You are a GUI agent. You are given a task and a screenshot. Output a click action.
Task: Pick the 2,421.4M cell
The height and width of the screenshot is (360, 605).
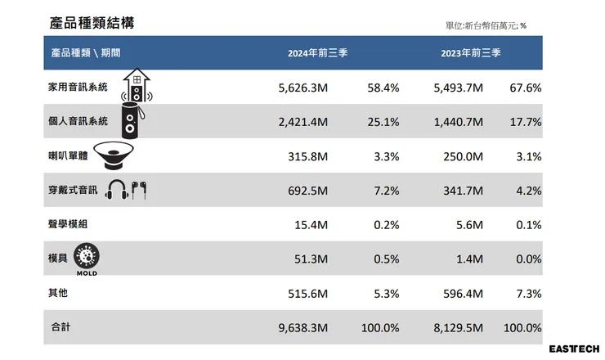pos(303,122)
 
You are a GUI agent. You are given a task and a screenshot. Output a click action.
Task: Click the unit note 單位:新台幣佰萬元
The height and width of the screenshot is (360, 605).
pos(486,26)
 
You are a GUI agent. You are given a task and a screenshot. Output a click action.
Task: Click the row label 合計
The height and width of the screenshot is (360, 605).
pos(60,327)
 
